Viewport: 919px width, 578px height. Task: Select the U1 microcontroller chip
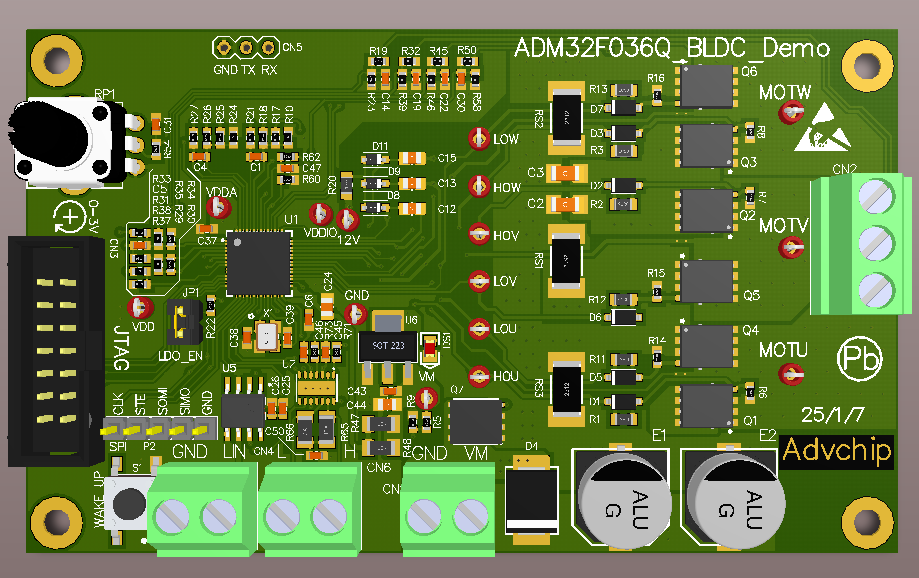click(x=255, y=263)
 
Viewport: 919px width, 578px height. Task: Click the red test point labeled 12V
click(x=348, y=220)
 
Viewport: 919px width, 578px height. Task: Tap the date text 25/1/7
click(x=826, y=413)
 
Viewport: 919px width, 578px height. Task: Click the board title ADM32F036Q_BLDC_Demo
click(x=671, y=49)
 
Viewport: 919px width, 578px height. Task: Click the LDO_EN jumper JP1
click(x=182, y=320)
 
